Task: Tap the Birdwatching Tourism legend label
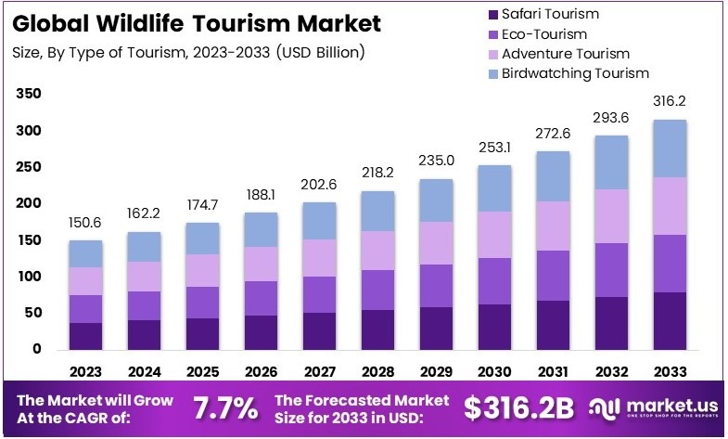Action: point(575,73)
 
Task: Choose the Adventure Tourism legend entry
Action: point(565,54)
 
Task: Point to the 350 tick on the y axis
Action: point(29,95)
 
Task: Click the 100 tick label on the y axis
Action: point(29,277)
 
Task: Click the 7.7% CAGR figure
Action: point(224,407)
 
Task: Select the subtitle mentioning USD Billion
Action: point(189,52)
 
